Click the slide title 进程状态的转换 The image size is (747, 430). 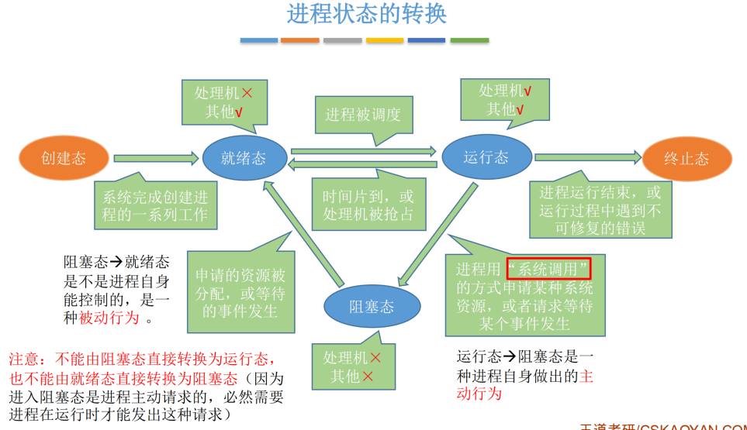pos(366,14)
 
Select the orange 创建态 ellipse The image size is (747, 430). pos(64,158)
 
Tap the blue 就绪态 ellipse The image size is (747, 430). pos(244,158)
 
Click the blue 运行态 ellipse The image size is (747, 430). pos(486,157)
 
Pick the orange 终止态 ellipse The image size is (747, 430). pos(686,159)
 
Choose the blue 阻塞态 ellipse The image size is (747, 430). pos(371,306)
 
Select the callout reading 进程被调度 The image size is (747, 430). pos(363,115)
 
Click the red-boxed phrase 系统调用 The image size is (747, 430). pos(548,269)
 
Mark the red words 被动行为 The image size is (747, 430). pos(109,318)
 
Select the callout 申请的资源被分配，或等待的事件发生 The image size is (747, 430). pos(240,292)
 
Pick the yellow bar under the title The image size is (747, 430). pos(385,40)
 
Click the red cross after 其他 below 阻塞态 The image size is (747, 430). pos(368,377)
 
